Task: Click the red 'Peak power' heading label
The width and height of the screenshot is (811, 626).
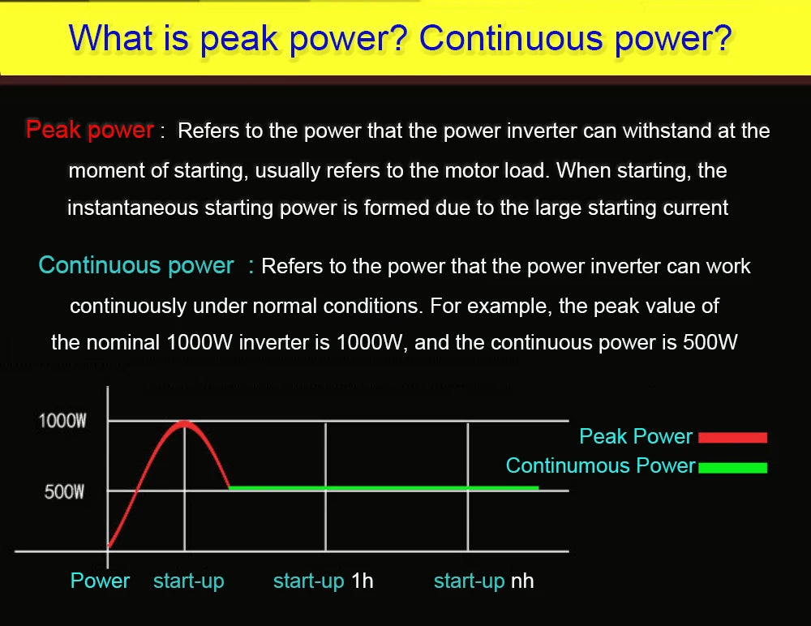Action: point(89,130)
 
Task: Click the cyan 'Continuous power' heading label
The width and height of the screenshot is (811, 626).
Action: point(136,265)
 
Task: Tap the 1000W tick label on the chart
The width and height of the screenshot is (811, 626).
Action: point(62,421)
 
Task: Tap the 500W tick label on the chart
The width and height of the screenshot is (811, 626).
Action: point(64,491)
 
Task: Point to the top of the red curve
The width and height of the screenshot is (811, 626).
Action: point(185,422)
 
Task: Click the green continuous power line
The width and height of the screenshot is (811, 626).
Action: point(381,487)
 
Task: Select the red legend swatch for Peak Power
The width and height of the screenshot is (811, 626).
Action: point(732,438)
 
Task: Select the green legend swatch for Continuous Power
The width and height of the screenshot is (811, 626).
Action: point(732,467)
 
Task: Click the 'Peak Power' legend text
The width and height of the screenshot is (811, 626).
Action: point(636,436)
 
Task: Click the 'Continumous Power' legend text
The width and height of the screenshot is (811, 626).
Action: point(600,465)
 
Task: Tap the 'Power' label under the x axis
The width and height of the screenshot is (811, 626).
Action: point(100,581)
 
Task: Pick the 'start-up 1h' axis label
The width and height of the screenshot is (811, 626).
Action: point(323,581)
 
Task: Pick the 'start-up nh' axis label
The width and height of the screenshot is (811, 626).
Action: point(483,581)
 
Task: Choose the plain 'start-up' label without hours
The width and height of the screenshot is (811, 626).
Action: point(188,581)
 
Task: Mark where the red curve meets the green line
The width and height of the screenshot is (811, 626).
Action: point(230,487)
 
